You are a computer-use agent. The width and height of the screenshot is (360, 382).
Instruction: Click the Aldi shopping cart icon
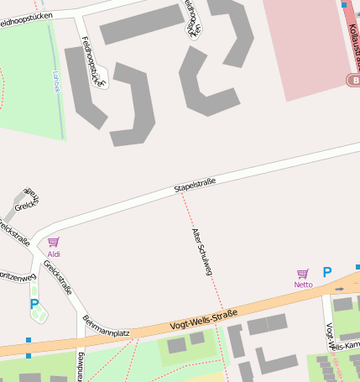click(x=54, y=242)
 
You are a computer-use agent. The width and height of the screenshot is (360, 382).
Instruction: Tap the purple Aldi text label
click(x=54, y=254)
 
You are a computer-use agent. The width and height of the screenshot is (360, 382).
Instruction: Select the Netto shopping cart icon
click(x=303, y=274)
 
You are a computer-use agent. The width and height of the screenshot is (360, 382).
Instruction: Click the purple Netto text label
click(x=303, y=285)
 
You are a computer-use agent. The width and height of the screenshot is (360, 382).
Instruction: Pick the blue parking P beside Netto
click(x=327, y=272)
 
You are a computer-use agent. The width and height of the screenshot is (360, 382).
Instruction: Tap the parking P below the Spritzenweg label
click(x=34, y=305)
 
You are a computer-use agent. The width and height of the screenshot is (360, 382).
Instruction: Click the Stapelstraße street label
click(x=195, y=183)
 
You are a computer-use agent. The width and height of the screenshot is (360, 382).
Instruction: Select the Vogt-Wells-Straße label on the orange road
click(x=204, y=318)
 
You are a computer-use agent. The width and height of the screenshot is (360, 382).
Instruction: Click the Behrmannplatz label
click(x=106, y=327)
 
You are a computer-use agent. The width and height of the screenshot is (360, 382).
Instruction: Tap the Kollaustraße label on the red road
click(x=352, y=34)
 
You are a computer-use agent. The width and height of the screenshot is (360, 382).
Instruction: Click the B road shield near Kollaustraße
click(x=354, y=80)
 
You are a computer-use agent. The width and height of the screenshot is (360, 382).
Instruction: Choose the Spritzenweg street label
click(x=17, y=275)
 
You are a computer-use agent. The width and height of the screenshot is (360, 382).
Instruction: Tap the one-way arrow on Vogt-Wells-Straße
click(x=339, y=287)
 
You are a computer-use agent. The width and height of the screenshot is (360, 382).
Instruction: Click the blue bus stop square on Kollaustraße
click(x=344, y=5)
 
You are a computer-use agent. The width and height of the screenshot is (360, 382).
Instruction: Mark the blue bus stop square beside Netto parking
click(x=357, y=268)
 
